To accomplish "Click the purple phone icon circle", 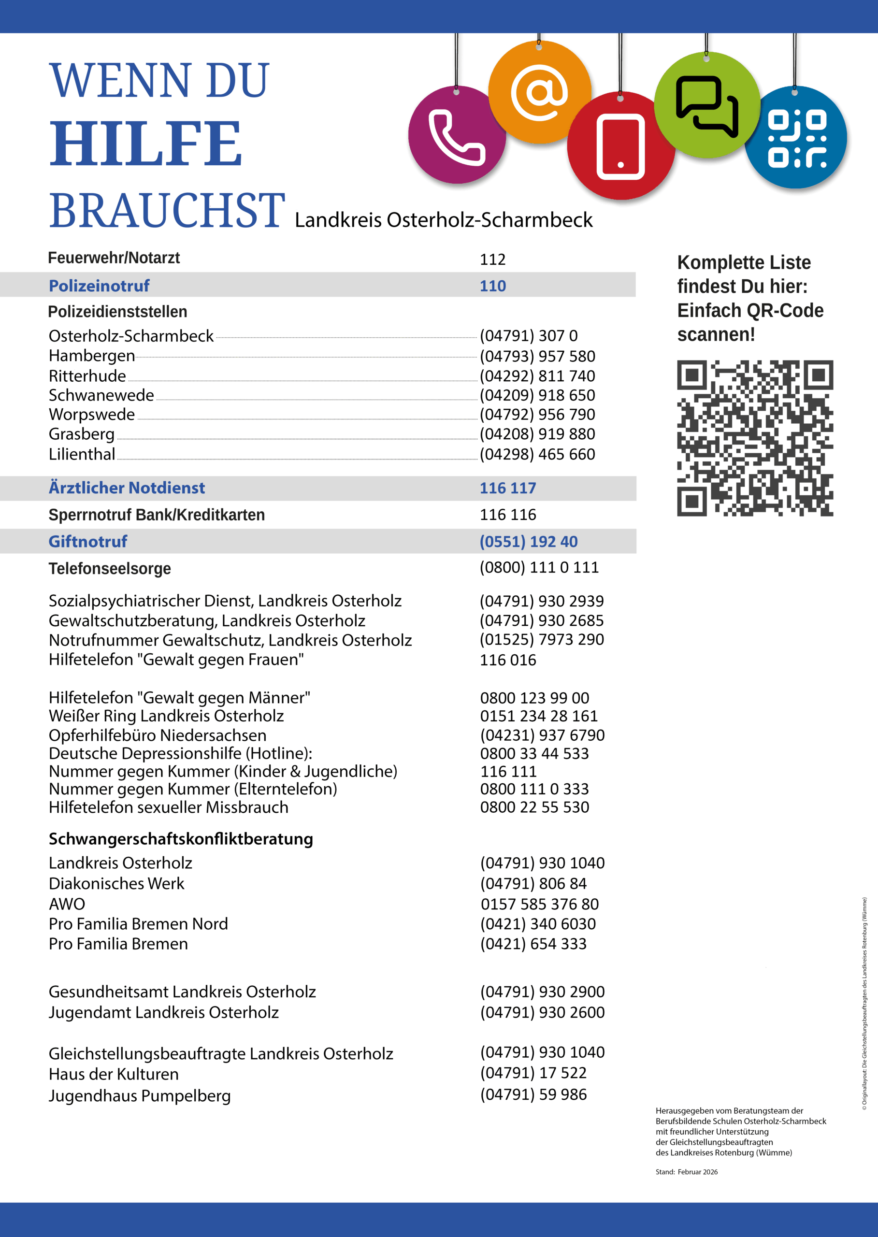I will pyautogui.click(x=457, y=135).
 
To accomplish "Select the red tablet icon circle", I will pyautogui.click(x=620, y=146).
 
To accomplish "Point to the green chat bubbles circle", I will pyautogui.click(x=706, y=105).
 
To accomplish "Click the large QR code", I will pyautogui.click(x=755, y=438).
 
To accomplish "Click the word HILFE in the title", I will pyautogui.click(x=146, y=144).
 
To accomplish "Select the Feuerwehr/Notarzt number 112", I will pyautogui.click(x=492, y=259).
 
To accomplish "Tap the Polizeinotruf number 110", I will pyautogui.click(x=492, y=286).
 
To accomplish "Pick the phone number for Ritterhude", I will pyautogui.click(x=537, y=376).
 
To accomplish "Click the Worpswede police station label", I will pyautogui.click(x=92, y=415).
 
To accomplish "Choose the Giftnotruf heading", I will pyautogui.click(x=88, y=541).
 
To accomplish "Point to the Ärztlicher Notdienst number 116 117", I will pyautogui.click(x=508, y=488).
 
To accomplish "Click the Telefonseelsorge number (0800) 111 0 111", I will pyautogui.click(x=539, y=567).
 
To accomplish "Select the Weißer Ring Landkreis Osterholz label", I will pyautogui.click(x=166, y=716).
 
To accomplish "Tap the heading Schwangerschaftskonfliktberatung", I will pyautogui.click(x=181, y=838).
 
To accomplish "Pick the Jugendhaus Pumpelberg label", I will pyautogui.click(x=140, y=1095).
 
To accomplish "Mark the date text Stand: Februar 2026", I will pyautogui.click(x=687, y=1172).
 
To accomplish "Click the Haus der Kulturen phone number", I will pyautogui.click(x=533, y=1073).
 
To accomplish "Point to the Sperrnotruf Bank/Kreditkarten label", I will pyautogui.click(x=157, y=515).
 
